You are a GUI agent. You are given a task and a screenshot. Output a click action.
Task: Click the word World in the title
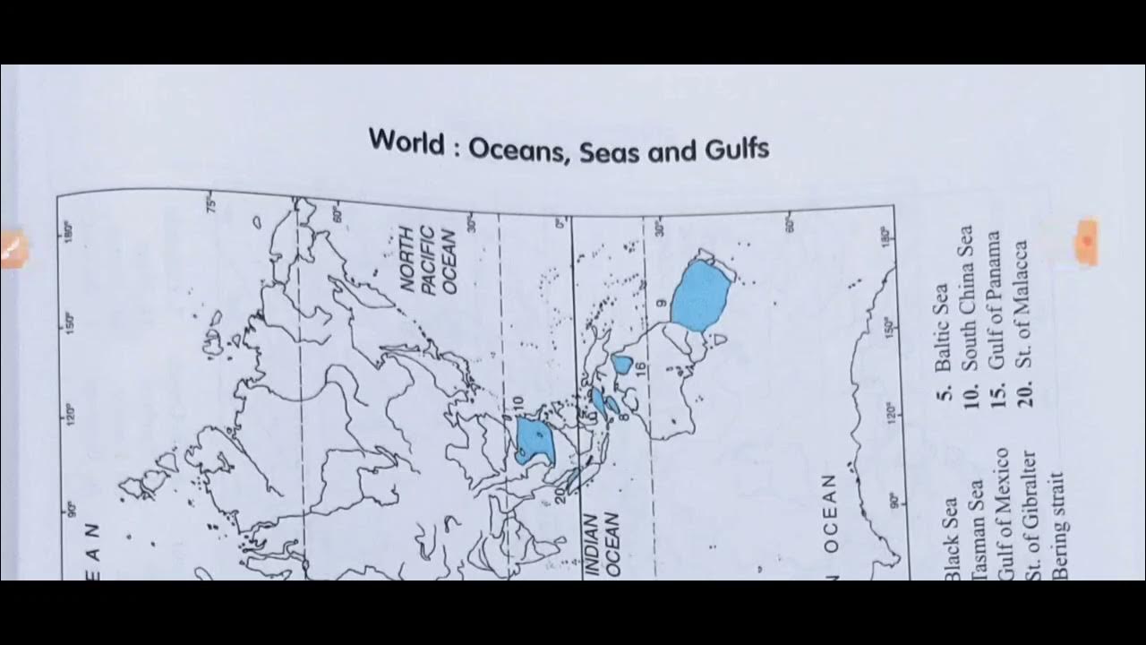407,142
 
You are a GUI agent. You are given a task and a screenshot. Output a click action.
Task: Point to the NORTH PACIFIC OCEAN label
429,259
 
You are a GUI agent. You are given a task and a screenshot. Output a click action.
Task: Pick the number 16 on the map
641,368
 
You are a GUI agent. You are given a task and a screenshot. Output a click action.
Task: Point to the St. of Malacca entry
1022,322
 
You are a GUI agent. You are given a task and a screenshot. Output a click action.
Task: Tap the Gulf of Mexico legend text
1004,515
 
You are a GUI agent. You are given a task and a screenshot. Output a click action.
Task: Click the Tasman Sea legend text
977,529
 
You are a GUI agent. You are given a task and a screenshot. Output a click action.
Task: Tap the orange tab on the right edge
1087,241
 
